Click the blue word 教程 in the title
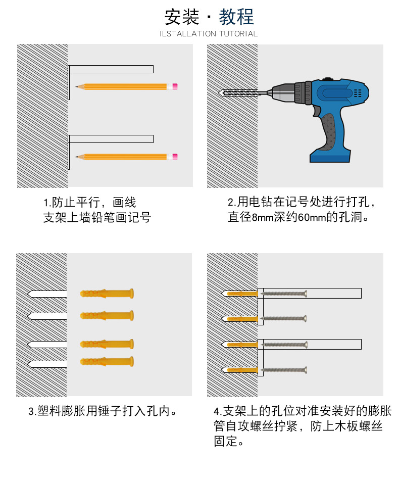coord(236,17)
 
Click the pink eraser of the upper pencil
coord(175,86)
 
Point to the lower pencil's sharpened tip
coord(77,157)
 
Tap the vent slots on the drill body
coord(358,93)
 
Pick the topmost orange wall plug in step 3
coord(107,293)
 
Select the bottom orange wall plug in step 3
coord(107,362)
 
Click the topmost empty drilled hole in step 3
coord(47,294)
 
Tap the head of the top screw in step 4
coord(305,294)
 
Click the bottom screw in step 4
coord(283,370)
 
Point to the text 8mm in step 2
coord(263,217)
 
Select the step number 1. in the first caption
coord(47,203)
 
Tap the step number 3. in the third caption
coord(32,411)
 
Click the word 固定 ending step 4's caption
coord(226,442)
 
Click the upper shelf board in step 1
coord(111,69)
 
